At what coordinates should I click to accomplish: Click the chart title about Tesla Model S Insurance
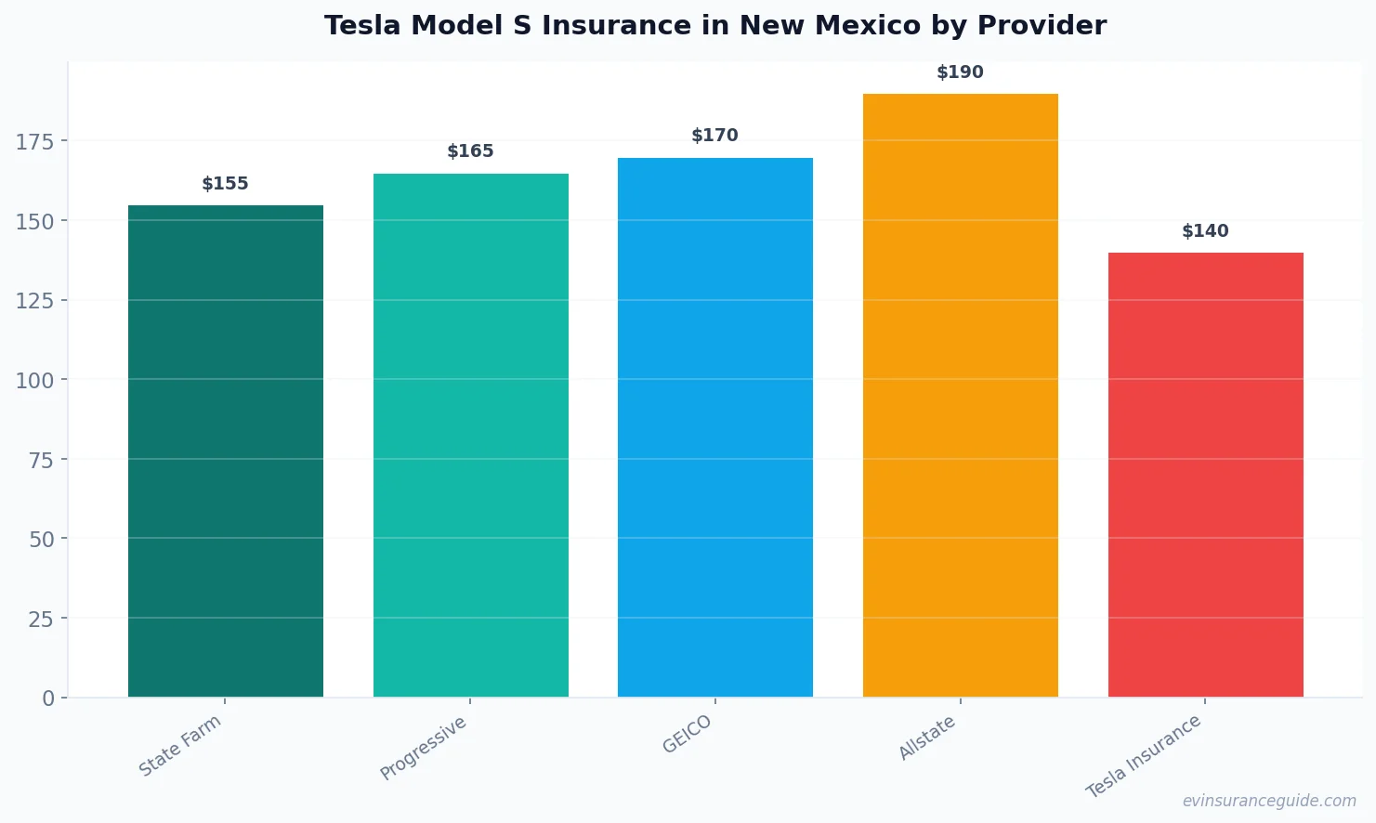coord(714,26)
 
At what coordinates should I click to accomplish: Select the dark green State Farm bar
coord(226,451)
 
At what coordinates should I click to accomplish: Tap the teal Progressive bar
coord(470,435)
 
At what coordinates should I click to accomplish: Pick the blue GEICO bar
coord(714,427)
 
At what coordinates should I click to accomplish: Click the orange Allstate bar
coord(960,395)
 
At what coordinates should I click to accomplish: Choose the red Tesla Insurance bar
coord(1205,475)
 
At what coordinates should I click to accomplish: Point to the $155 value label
coord(226,184)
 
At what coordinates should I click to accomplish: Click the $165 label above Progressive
coord(470,151)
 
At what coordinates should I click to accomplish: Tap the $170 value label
coord(714,136)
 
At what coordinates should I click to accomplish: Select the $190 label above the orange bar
coord(960,72)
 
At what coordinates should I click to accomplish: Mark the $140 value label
coord(1205,231)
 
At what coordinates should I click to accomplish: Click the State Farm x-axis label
coord(180,746)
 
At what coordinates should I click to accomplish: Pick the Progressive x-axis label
coord(424,749)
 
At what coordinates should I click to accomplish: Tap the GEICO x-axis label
coord(687,735)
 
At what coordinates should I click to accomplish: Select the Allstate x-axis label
coord(927,738)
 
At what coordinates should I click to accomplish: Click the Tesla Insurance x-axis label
coord(1144,756)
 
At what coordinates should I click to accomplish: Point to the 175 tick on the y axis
coord(35,141)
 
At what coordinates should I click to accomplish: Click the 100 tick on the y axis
coord(35,380)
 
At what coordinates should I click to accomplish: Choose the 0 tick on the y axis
coord(48,699)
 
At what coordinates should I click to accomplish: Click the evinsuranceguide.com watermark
coord(1268,801)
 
